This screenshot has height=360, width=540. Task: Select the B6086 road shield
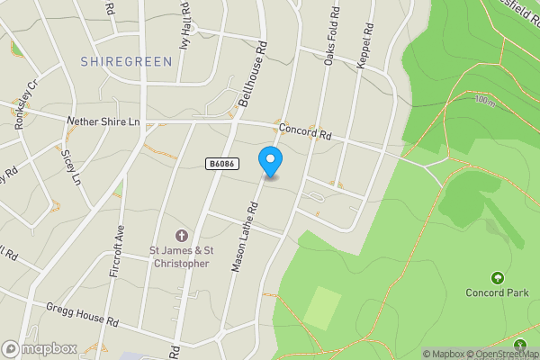[x=220, y=164]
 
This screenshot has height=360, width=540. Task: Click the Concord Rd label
[x=305, y=132]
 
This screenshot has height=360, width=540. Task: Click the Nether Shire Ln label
[x=104, y=121]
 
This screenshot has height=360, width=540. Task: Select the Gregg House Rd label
[x=84, y=314]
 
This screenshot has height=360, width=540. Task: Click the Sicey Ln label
[x=69, y=167]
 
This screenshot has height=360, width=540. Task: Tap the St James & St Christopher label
[x=179, y=257]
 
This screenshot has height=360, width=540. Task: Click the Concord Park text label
[x=496, y=292]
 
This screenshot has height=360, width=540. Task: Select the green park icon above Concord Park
[x=497, y=276]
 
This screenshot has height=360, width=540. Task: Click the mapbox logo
[x=39, y=348]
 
